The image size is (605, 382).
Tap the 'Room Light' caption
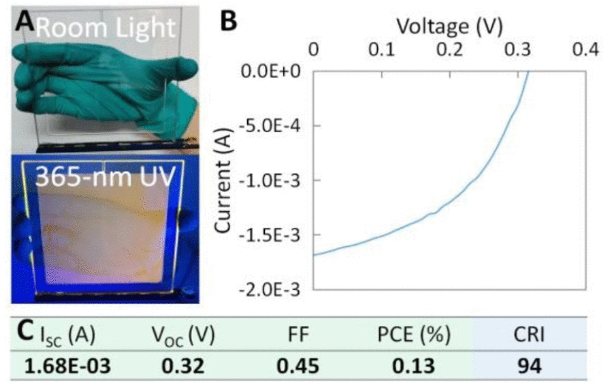click(107, 28)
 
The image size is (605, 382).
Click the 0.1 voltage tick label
click(381, 49)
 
